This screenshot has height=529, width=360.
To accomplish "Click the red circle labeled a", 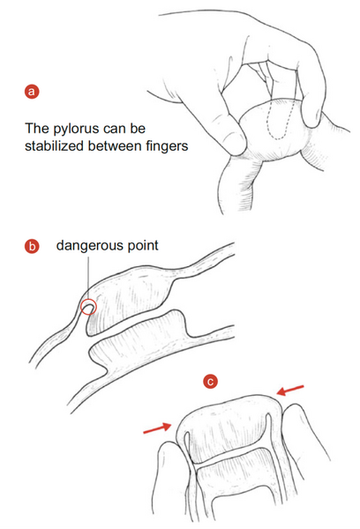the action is [x=32, y=92].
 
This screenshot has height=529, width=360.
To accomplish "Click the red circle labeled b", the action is [x=32, y=246].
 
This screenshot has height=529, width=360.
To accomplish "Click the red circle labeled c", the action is [x=210, y=382].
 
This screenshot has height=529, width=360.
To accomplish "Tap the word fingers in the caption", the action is [x=167, y=146].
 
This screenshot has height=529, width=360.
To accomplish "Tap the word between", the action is [x=116, y=146].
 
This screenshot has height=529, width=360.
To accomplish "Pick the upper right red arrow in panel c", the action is [x=290, y=391].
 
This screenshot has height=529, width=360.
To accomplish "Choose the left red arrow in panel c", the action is [x=157, y=428].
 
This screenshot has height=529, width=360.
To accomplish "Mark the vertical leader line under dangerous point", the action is [x=88, y=279].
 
